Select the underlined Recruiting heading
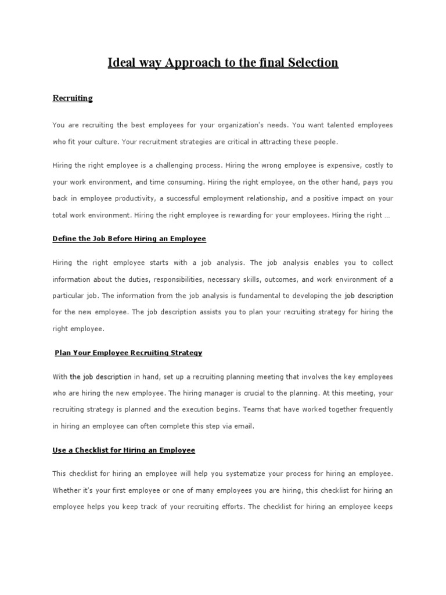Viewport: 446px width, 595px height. [73, 98]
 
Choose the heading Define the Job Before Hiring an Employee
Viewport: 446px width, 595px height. [129, 239]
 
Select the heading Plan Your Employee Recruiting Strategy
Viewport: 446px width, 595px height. [128, 353]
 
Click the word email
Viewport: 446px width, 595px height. [244, 426]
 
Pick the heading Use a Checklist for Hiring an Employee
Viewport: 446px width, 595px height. [124, 450]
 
